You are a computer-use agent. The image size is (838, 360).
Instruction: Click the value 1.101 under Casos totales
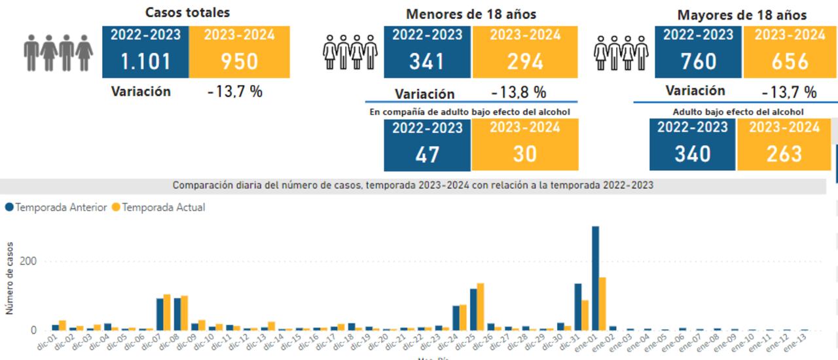tap(145, 62)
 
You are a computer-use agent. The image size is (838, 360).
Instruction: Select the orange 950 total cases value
tap(240, 62)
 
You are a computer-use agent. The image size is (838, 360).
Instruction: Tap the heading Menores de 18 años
tap(471, 14)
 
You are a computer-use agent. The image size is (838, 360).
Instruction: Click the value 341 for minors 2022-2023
tap(427, 62)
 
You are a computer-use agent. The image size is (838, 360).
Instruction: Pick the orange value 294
tap(525, 62)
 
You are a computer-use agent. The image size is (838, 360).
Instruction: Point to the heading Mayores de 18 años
tap(742, 14)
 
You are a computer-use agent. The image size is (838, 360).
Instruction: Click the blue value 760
tap(699, 62)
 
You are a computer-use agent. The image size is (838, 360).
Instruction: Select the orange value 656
tap(790, 62)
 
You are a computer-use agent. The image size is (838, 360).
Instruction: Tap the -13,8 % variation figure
tap(519, 92)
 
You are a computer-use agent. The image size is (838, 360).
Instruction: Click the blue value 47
tap(427, 154)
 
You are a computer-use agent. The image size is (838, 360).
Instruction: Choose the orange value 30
tap(525, 154)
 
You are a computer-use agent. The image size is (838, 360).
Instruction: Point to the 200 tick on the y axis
tap(28, 261)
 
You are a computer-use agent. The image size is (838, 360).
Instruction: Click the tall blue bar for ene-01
tap(595, 278)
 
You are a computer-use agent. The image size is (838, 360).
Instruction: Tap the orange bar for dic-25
tap(481, 307)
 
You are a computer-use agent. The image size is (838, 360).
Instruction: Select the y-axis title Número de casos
tap(10, 278)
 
